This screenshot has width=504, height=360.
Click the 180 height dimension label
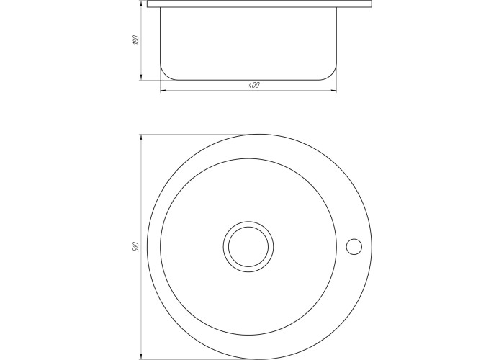click(x=135, y=40)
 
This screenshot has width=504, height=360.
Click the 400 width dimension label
click(x=254, y=85)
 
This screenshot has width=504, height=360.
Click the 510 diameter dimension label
click(x=135, y=246)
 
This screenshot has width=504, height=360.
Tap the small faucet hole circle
click(x=354, y=247)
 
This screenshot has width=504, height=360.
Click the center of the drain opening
click(x=248, y=246)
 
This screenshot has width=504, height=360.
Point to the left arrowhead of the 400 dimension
click(x=163, y=91)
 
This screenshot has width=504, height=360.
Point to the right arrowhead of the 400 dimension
click(x=334, y=91)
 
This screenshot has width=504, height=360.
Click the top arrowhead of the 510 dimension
click(x=140, y=138)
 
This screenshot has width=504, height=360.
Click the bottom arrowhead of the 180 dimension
click(x=140, y=77)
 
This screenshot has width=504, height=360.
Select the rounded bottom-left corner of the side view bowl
click(x=165, y=76)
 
